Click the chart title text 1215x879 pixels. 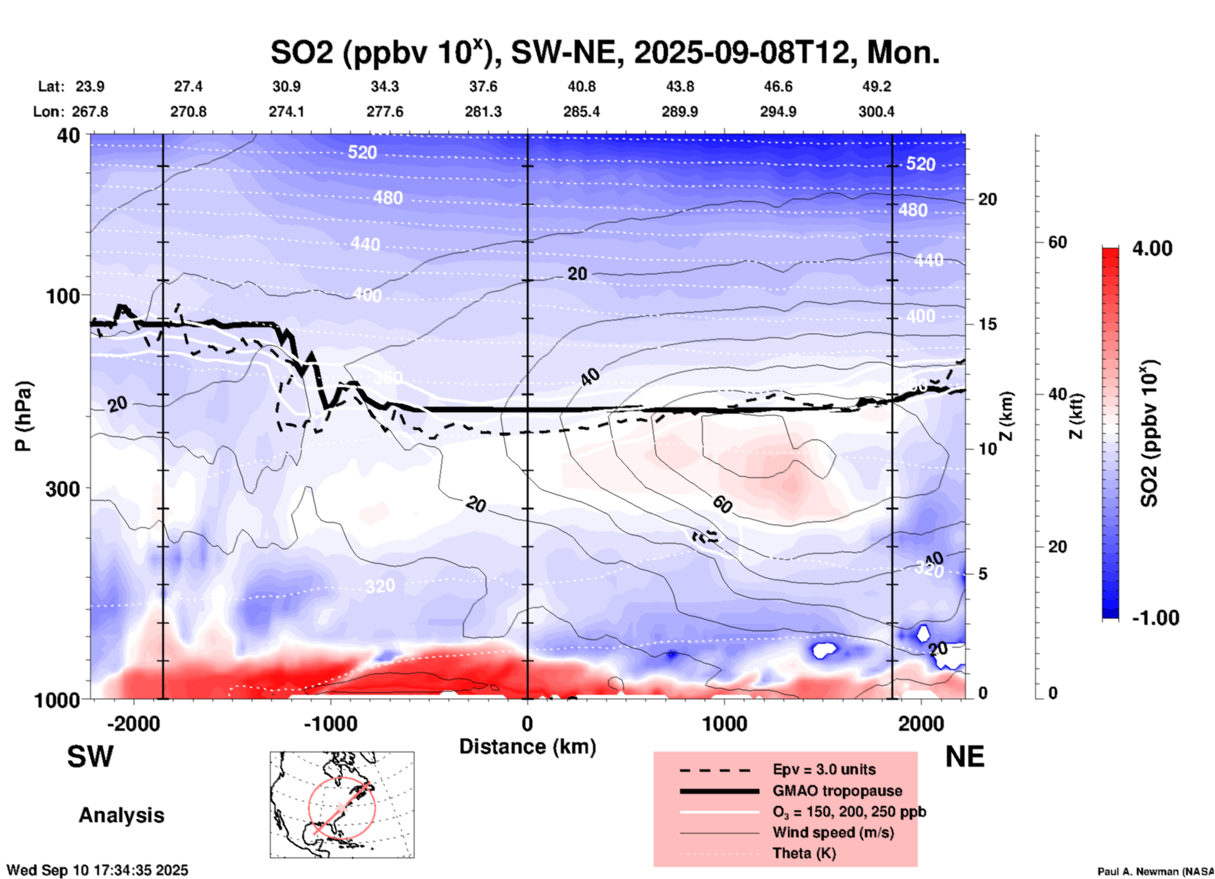(x=604, y=52)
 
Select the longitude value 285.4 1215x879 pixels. (x=581, y=112)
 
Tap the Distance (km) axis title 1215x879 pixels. (x=527, y=747)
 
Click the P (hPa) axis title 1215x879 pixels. (x=23, y=416)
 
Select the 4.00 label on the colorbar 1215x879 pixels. (x=1152, y=248)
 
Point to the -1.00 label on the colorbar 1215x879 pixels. (x=1155, y=618)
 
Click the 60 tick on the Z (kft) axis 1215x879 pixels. (x=1057, y=242)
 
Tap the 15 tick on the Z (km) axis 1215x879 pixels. (x=987, y=324)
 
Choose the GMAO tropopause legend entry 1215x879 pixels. (x=837, y=791)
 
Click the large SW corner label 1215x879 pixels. (x=90, y=757)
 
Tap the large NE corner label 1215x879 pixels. (x=965, y=757)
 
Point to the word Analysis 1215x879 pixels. (x=121, y=815)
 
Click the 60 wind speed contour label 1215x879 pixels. (x=722, y=504)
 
